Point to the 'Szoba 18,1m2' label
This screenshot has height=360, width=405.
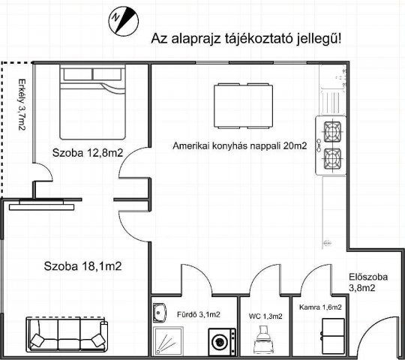82,265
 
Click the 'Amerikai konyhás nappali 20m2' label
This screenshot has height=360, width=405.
239,146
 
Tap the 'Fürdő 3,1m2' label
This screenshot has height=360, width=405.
193,315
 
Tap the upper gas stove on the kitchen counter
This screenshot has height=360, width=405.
332,133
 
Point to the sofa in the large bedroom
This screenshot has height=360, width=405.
67,334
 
